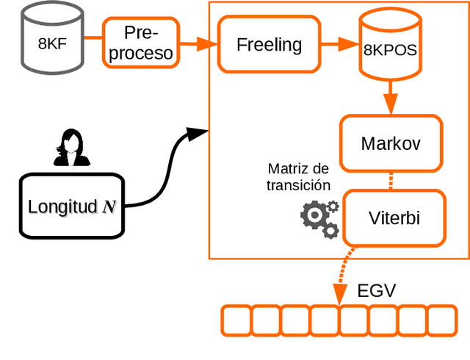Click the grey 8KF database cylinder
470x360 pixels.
point(51,40)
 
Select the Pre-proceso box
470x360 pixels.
point(140,43)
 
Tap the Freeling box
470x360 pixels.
point(269,45)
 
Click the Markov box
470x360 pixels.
point(390,143)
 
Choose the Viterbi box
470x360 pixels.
point(394,217)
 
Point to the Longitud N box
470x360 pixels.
point(71,206)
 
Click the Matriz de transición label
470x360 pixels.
point(299,177)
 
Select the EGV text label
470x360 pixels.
point(376,290)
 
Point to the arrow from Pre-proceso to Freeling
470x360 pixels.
point(198,45)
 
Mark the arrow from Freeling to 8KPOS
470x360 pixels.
point(338,46)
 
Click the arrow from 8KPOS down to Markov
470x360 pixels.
point(389,96)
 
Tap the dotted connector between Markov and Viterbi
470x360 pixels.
point(390,181)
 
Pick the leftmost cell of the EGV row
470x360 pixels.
point(236,321)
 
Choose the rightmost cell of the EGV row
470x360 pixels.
point(441,321)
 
